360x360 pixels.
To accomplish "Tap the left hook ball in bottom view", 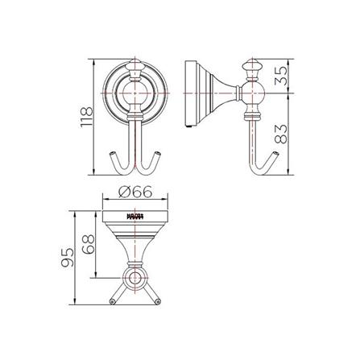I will [110, 303].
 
